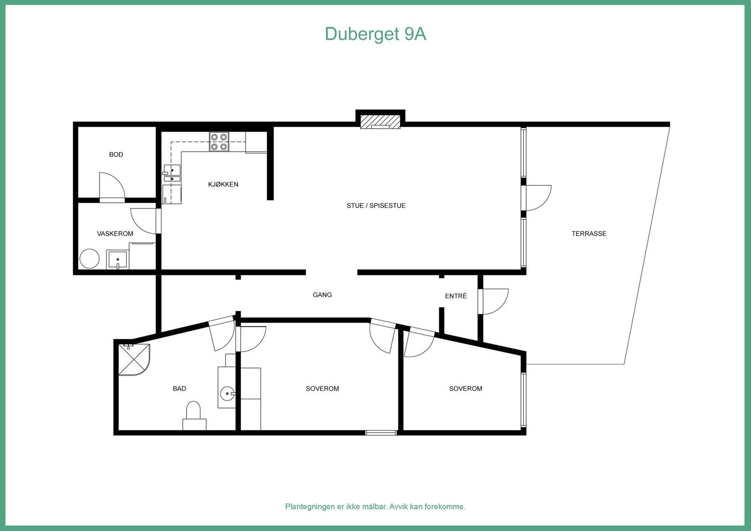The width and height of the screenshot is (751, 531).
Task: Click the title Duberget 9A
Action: pyautogui.click(x=375, y=34)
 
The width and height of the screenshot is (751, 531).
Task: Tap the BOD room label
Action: pyautogui.click(x=116, y=154)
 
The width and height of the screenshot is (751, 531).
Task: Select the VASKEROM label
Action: pyautogui.click(x=115, y=233)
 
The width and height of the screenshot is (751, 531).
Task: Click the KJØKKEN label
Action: pyautogui.click(x=223, y=185)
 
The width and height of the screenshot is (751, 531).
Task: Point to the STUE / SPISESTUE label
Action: pyautogui.click(x=376, y=206)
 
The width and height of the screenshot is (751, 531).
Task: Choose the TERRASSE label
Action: pyautogui.click(x=589, y=233)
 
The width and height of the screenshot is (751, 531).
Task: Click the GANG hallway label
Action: pyautogui.click(x=322, y=295)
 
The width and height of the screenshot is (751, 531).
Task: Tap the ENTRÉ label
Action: pyautogui.click(x=456, y=296)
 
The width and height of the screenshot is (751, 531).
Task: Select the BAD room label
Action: pyautogui.click(x=179, y=388)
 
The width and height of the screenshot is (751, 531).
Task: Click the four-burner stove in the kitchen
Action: pyautogui.click(x=219, y=142)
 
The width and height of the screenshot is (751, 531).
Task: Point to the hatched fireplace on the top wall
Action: pyautogui.click(x=380, y=122)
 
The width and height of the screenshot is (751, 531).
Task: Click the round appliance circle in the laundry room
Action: pyautogui.click(x=89, y=259)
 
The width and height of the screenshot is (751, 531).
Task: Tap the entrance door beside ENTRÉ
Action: pyautogui.click(x=494, y=301)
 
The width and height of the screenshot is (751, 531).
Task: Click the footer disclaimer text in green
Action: pyautogui.click(x=375, y=507)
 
